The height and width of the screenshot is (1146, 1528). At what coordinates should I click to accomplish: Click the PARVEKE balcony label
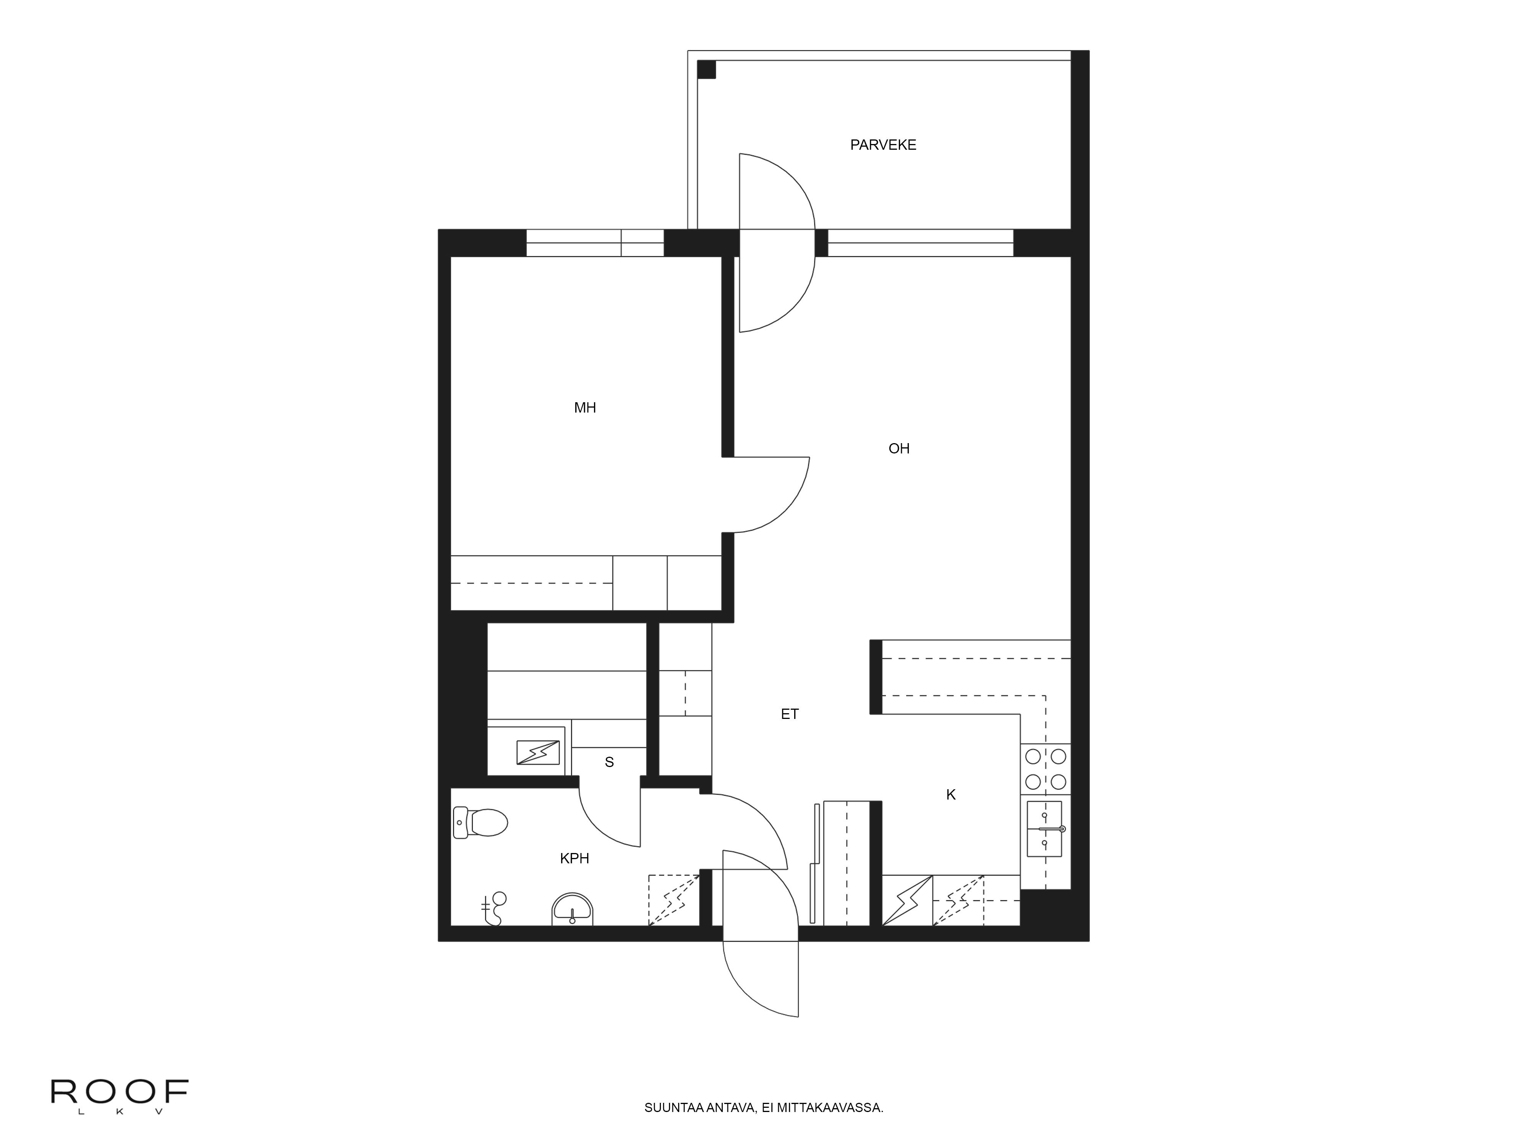coord(883,145)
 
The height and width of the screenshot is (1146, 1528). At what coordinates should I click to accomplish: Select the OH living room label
coord(899,448)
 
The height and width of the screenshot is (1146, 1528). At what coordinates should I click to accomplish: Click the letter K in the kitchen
coord(950,795)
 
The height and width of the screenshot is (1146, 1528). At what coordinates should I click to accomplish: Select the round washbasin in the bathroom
coord(572,909)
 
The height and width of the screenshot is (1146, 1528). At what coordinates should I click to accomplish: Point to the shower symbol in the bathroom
coord(494,908)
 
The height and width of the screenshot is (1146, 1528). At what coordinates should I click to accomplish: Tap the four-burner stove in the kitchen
coord(1045,769)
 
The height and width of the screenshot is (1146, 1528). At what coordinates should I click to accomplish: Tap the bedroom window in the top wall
coord(595,243)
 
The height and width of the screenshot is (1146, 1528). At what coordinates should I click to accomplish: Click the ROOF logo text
coord(120,1092)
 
